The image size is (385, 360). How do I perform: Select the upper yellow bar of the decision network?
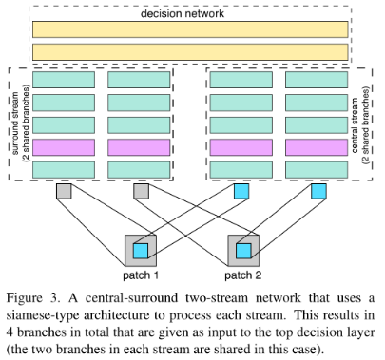(x=188, y=29)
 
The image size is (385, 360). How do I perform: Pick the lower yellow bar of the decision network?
(x=188, y=51)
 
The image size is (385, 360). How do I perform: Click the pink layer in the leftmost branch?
(x=64, y=147)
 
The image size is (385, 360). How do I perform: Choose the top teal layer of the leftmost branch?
(x=64, y=80)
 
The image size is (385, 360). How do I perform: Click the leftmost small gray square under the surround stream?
(x=64, y=193)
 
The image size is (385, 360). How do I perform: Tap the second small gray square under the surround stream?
(x=141, y=193)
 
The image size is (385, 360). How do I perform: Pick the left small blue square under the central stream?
(x=242, y=193)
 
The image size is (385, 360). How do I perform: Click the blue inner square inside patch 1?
(x=141, y=251)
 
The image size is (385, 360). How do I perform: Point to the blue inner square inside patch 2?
(x=242, y=251)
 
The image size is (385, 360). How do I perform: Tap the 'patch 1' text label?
(x=141, y=275)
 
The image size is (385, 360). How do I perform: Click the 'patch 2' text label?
(x=242, y=275)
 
